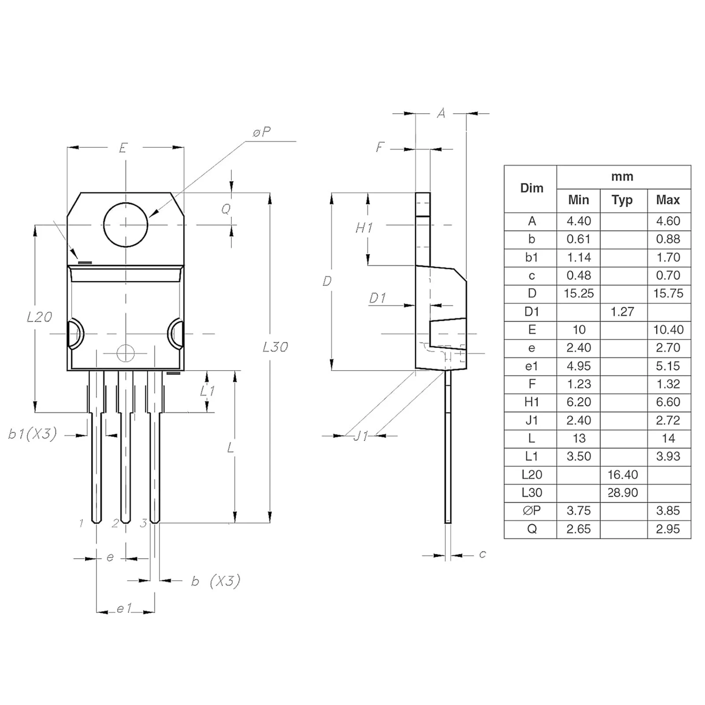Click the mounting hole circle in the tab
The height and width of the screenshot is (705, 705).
point(126,225)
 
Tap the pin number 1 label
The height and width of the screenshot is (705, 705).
point(81,523)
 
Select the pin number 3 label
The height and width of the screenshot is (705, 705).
point(144,523)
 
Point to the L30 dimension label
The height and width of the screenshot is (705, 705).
point(275,347)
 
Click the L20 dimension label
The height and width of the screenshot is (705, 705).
point(39,317)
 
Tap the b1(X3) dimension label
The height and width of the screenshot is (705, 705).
point(33,434)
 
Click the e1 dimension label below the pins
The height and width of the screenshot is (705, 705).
point(124,609)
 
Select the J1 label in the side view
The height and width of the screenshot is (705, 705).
point(361,436)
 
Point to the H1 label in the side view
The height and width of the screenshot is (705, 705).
point(364,228)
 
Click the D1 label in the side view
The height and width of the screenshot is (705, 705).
point(378,298)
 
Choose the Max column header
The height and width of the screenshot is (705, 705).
point(668,200)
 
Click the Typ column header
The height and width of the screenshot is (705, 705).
point(622,200)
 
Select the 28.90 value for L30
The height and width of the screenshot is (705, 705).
point(623,493)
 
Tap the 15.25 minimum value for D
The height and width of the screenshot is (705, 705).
point(579,293)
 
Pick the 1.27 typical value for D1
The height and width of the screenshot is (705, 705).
point(622,312)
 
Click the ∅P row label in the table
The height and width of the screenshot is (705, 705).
point(531,511)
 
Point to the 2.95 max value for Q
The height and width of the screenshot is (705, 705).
point(668,529)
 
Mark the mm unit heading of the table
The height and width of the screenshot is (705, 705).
point(622,177)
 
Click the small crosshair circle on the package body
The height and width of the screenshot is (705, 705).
point(126,353)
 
